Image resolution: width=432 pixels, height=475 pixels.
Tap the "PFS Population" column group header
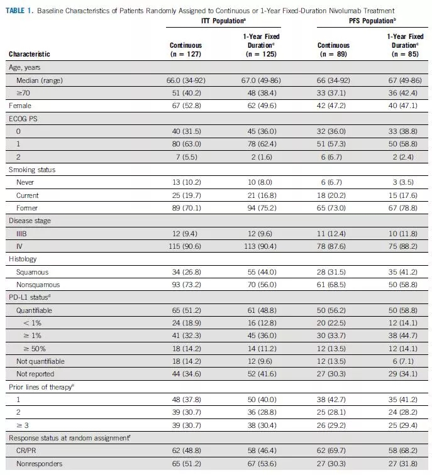(x=364, y=21)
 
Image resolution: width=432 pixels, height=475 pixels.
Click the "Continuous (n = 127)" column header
(x=186, y=50)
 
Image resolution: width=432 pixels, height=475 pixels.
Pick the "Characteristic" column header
(x=30, y=54)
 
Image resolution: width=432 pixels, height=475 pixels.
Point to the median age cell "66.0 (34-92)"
(x=186, y=80)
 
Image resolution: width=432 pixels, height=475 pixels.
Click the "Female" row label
(x=20, y=106)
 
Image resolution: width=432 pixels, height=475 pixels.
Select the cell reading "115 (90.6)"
(x=186, y=246)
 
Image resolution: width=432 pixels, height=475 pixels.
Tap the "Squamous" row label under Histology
(x=32, y=272)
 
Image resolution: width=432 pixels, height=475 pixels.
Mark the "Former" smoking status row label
(x=28, y=207)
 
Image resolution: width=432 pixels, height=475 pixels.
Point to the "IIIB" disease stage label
(x=24, y=233)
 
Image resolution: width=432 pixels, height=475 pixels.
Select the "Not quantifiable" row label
(x=40, y=361)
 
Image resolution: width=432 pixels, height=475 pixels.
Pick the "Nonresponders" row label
(x=38, y=463)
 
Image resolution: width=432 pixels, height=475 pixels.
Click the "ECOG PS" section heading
(x=23, y=119)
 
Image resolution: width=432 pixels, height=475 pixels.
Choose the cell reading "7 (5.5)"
(x=186, y=157)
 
